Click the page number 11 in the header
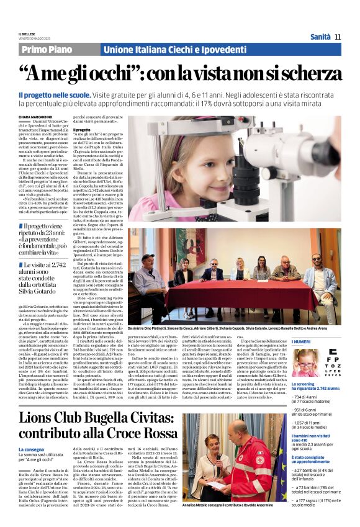coord(338,37)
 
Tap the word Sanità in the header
coord(320,37)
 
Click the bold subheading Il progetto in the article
coord(83,130)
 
